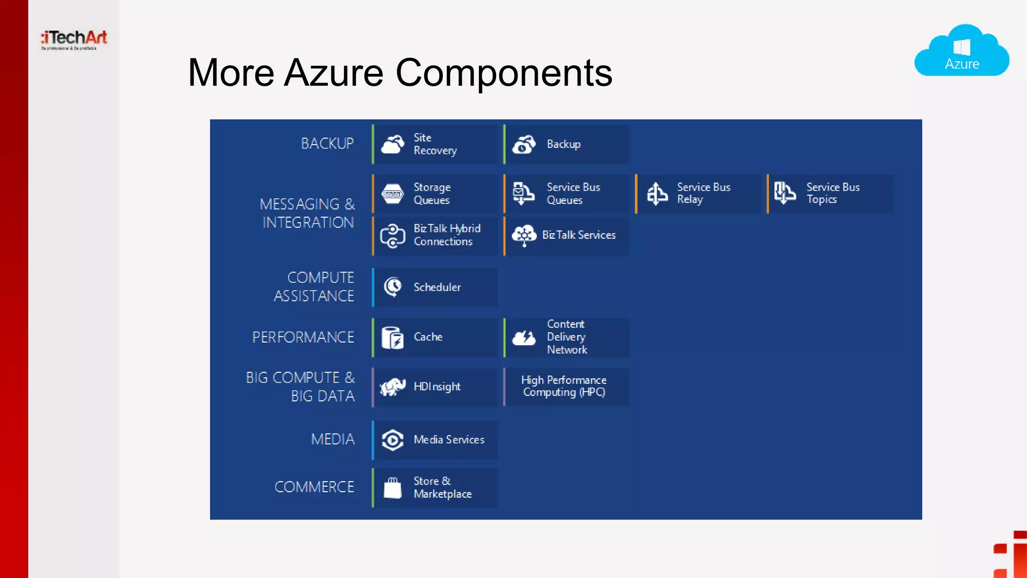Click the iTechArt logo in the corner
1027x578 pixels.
click(74, 39)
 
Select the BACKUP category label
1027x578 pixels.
click(327, 143)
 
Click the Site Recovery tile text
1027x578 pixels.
click(435, 144)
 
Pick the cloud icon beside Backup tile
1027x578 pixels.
click(524, 144)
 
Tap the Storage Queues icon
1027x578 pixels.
click(392, 194)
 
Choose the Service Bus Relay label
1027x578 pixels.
click(703, 193)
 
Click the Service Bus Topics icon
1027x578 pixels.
click(784, 193)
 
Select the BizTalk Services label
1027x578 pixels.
click(579, 235)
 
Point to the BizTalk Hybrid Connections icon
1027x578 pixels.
click(392, 236)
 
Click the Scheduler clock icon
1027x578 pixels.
click(392, 287)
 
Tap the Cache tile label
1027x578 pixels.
click(428, 337)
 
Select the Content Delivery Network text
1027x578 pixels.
click(566, 337)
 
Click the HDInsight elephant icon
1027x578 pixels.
click(392, 387)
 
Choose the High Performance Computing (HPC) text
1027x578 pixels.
click(564, 386)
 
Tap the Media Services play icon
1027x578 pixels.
click(392, 440)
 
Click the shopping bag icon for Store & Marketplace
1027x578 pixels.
click(392, 488)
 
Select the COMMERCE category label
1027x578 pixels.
click(314, 487)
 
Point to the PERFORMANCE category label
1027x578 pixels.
click(303, 337)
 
